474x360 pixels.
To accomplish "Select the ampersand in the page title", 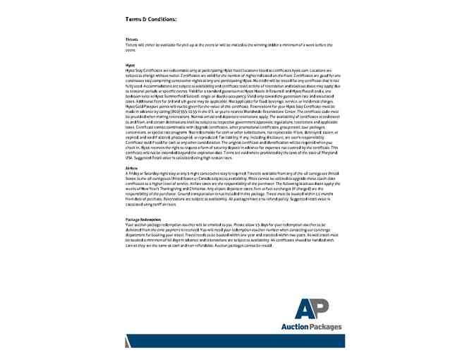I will pos(146,18).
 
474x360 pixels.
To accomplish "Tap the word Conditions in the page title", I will pos(163,18).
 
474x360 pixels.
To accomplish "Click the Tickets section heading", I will pos(132,40).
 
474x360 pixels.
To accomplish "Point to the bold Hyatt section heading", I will pos(130,64).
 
